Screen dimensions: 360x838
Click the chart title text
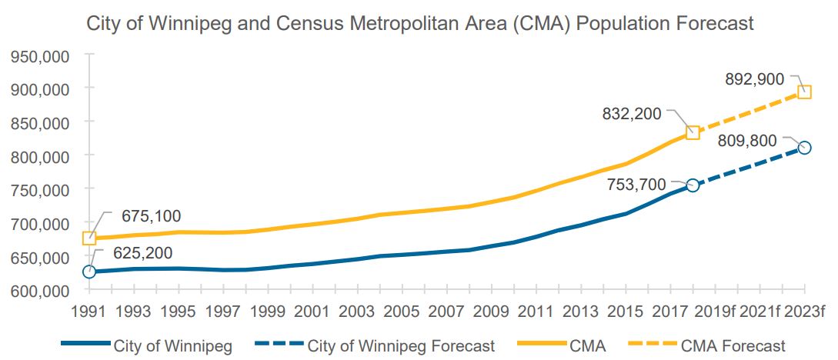pyautogui.click(x=420, y=23)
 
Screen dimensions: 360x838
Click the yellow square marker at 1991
pyautogui.click(x=89, y=238)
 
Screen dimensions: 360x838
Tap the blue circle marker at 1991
pyautogui.click(x=89, y=272)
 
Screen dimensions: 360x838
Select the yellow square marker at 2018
pyautogui.click(x=693, y=132)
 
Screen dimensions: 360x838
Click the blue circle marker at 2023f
pyautogui.click(x=804, y=148)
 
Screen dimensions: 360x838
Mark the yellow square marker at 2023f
pyautogui.click(x=804, y=92)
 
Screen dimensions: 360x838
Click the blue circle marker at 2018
pyautogui.click(x=693, y=185)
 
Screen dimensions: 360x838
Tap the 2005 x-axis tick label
pyautogui.click(x=402, y=313)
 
